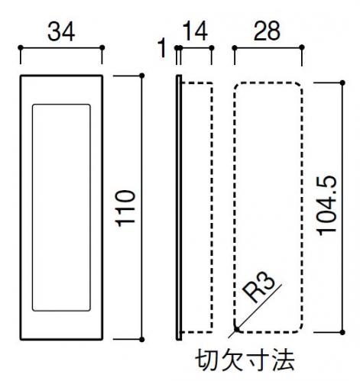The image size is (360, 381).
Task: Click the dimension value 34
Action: [x=61, y=32]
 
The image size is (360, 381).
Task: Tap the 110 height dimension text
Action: [x=125, y=208]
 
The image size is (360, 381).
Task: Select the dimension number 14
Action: [x=195, y=31]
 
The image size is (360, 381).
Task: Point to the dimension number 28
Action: [x=267, y=31]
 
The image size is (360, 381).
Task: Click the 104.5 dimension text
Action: [x=326, y=205]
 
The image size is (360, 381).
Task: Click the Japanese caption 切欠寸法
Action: [x=245, y=360]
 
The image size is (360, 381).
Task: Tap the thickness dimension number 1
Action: [x=162, y=47]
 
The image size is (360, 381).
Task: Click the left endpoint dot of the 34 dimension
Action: [x=21, y=47]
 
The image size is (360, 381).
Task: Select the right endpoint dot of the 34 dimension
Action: [x=102, y=47]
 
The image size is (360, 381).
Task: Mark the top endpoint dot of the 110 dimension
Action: [x=142, y=76]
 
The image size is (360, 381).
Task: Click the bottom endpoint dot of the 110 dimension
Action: [x=142, y=339]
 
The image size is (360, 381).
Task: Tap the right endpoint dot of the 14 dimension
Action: [x=212, y=47]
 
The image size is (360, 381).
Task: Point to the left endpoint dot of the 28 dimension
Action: [x=235, y=47]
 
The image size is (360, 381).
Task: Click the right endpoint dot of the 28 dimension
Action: [x=302, y=47]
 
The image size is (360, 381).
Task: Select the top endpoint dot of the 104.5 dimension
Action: [x=342, y=82]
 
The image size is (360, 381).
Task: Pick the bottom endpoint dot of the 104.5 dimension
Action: [x=342, y=332]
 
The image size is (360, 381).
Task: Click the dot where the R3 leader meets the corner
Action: [x=237, y=329]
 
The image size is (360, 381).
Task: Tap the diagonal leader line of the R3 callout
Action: [x=255, y=311]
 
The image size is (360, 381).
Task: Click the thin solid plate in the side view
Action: [x=179, y=208]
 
